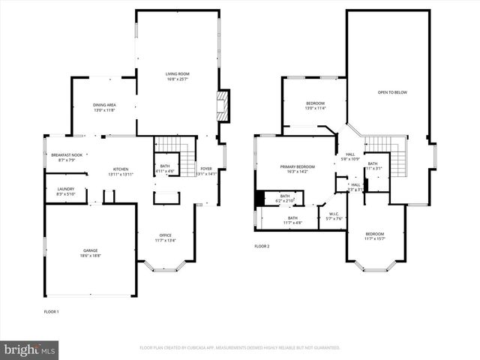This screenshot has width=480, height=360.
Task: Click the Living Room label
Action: [178, 76]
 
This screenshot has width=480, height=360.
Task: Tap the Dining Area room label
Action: [104, 107]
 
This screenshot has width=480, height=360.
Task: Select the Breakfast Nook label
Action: [61, 157]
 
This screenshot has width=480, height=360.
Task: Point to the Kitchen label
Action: [121, 171]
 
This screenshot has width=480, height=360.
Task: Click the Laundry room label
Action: [65, 191]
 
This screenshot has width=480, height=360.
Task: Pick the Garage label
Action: [90, 253]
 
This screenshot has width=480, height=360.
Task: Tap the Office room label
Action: [165, 238]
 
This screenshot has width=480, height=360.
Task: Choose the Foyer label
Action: [205, 171]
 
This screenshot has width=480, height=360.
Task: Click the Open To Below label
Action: [391, 92]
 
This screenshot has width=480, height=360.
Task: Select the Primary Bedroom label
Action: [298, 169]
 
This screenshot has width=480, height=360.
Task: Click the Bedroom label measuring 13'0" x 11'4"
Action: [315, 105]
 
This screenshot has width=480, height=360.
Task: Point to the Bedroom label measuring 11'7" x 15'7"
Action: [374, 236]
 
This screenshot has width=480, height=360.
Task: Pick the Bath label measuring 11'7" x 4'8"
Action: [292, 220]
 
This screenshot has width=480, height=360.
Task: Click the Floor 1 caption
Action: [52, 311]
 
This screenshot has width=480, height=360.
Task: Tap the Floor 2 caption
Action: [261, 246]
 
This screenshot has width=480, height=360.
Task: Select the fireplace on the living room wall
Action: [222, 106]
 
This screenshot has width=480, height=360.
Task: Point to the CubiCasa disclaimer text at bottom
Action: [240, 348]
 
